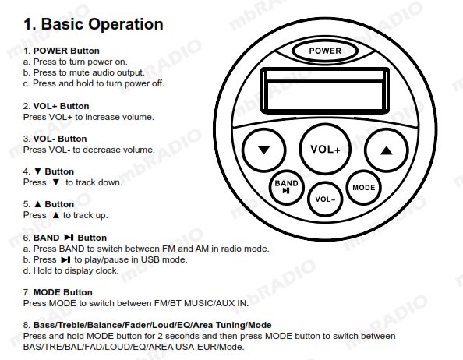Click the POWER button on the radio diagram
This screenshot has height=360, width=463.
pyautogui.click(x=325, y=51)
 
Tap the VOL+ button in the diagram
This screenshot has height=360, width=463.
pyautogui.click(x=325, y=150)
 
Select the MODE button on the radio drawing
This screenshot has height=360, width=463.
pyautogui.click(x=363, y=187)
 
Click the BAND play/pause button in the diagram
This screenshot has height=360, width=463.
pyautogui.click(x=286, y=187)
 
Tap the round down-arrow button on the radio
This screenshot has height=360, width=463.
pyautogui.click(x=263, y=150)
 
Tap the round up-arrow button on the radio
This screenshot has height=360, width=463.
pyautogui.click(x=387, y=150)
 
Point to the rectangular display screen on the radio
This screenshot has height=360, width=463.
pyautogui.click(x=325, y=90)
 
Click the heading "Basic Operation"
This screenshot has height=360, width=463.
pyautogui.click(x=102, y=24)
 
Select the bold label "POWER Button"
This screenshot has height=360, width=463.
pyautogui.click(x=66, y=51)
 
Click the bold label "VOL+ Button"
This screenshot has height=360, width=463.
pyautogui.click(x=61, y=106)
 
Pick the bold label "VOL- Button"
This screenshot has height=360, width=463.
pyautogui.click(x=60, y=139)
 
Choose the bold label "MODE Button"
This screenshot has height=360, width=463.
pyautogui.click(x=63, y=292)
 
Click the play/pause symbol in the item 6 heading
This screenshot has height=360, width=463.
pyautogui.click(x=69, y=237)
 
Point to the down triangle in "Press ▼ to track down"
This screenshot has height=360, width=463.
pyautogui.click(x=56, y=182)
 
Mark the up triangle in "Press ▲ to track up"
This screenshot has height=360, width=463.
pyautogui.click(x=56, y=215)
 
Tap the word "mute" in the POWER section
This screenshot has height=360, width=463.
pyautogui.click(x=80, y=72)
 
